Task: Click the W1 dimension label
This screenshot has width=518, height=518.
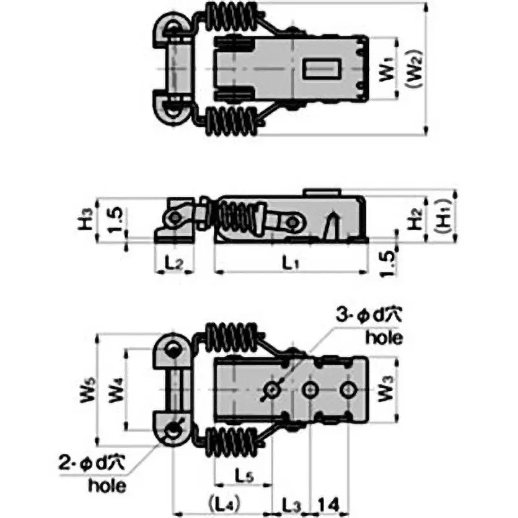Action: click(x=387, y=69)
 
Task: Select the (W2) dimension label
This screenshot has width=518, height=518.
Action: click(x=415, y=69)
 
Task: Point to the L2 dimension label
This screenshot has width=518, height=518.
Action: click(x=174, y=264)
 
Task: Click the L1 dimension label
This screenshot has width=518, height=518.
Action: click(x=290, y=264)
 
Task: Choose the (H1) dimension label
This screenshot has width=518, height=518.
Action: click(x=444, y=216)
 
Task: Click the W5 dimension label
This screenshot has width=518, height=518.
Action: click(x=88, y=390)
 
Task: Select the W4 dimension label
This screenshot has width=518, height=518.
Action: click(x=117, y=390)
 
